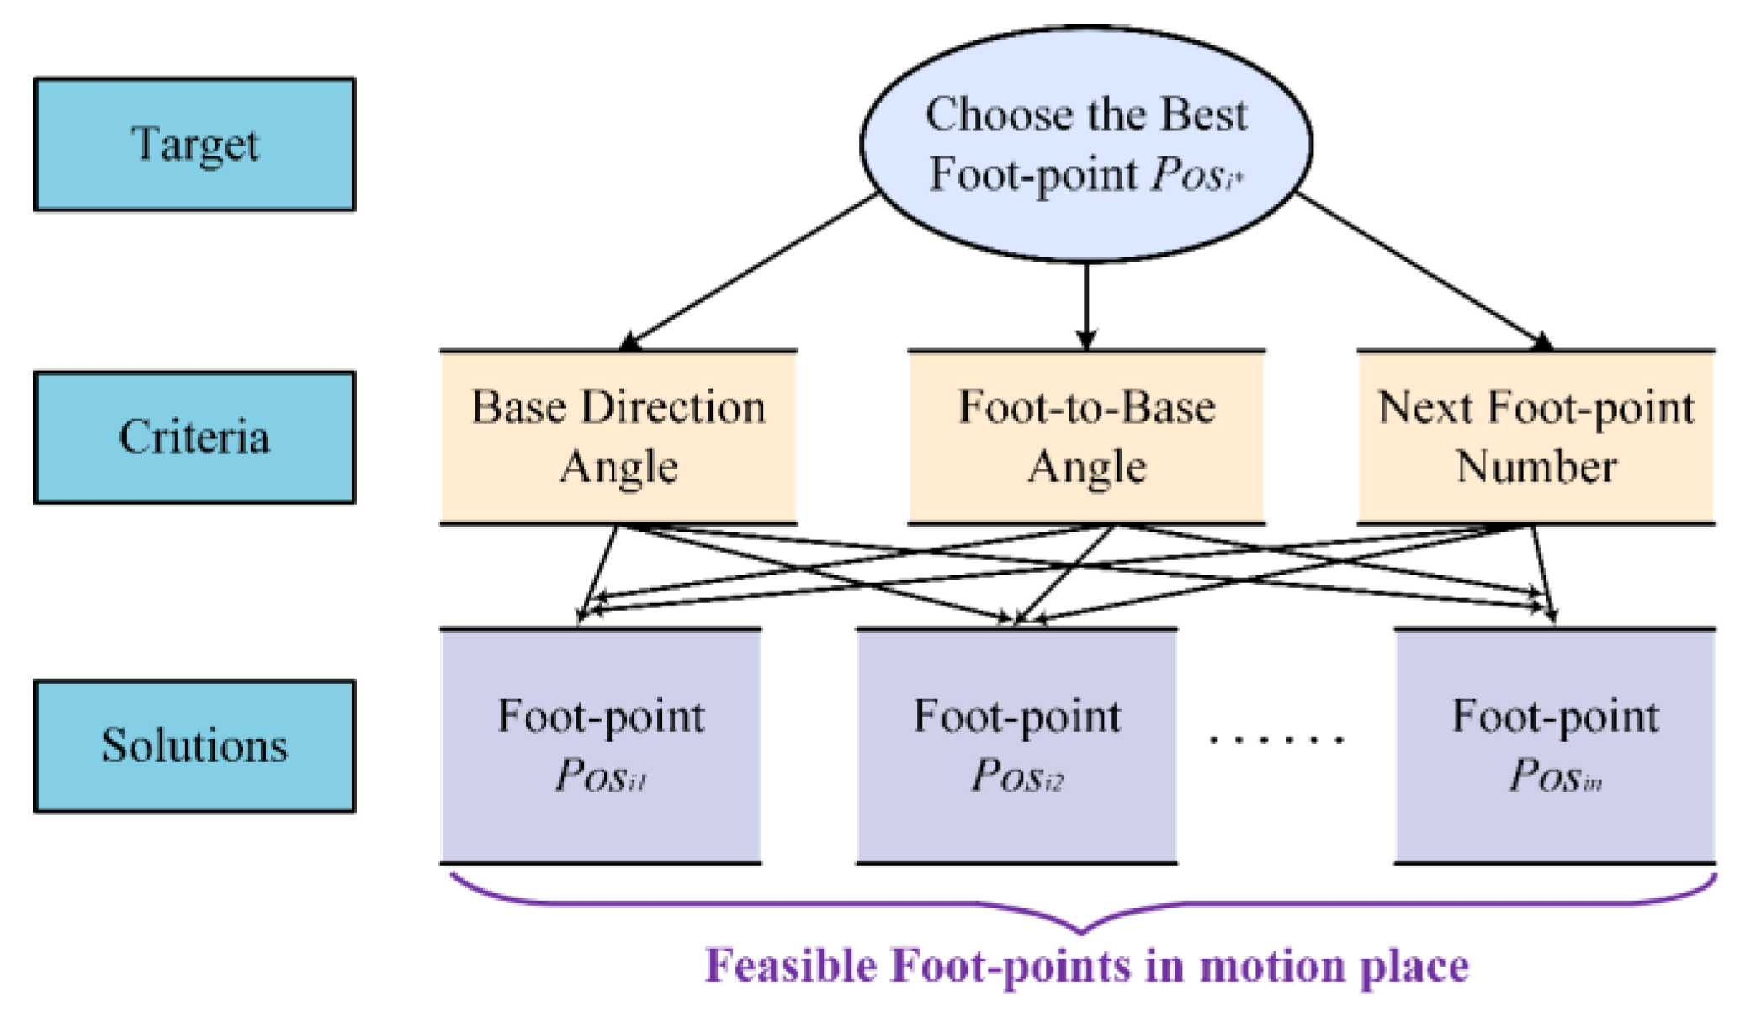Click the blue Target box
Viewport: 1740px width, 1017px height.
tap(194, 145)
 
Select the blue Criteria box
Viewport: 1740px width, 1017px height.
tap(194, 437)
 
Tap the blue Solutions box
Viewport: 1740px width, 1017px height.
tap(194, 746)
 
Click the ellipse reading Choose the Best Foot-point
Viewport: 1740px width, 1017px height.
tap(1085, 143)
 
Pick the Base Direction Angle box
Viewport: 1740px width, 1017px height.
tap(618, 437)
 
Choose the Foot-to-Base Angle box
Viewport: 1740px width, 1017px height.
tap(1086, 437)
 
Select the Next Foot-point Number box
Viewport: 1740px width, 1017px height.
tap(1536, 437)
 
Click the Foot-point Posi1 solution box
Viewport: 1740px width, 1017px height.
tap(601, 746)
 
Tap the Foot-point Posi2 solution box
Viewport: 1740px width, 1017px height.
tap(1016, 746)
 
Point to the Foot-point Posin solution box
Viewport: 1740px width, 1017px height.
tap(1555, 746)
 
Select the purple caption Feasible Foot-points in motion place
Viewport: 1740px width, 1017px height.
tap(1086, 966)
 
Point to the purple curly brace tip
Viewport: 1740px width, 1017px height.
tap(1081, 930)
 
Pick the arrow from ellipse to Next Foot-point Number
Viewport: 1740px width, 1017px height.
tap(1422, 270)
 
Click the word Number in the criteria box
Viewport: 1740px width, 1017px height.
tap(1536, 467)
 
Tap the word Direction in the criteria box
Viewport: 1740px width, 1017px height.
tap(673, 408)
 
